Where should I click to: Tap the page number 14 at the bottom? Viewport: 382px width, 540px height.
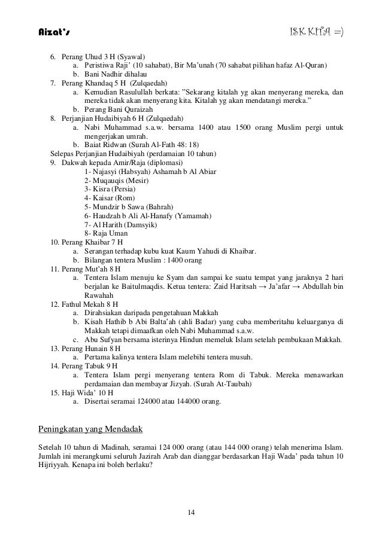coord(191,512)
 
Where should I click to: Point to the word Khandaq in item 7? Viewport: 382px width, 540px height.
coord(102,83)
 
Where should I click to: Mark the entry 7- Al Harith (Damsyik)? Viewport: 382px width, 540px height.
coord(122,224)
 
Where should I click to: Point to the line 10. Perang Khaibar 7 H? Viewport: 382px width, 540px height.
coord(86,242)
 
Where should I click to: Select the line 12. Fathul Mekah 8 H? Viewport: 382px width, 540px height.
coord(84,304)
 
